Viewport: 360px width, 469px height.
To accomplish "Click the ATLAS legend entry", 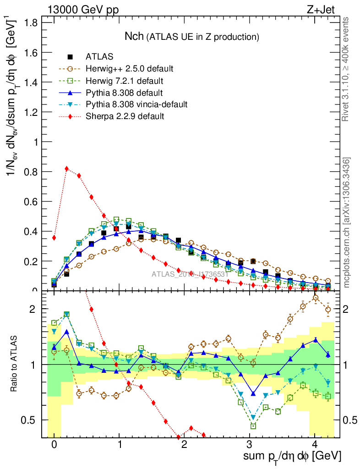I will click(x=99, y=57).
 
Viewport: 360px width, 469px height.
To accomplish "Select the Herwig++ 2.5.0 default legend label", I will click(x=129, y=69).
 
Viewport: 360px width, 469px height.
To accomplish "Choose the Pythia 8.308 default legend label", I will click(x=124, y=93).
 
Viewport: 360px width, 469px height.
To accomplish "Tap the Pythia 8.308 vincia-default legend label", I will click(x=136, y=104).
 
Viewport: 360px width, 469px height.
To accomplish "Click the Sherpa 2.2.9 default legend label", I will click(x=125, y=116).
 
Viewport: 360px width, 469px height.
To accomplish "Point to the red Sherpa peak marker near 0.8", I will click(x=67, y=169).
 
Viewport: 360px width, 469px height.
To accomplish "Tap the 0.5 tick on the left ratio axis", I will click(x=33, y=420).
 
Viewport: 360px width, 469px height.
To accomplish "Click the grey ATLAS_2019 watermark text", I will click(x=190, y=275).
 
